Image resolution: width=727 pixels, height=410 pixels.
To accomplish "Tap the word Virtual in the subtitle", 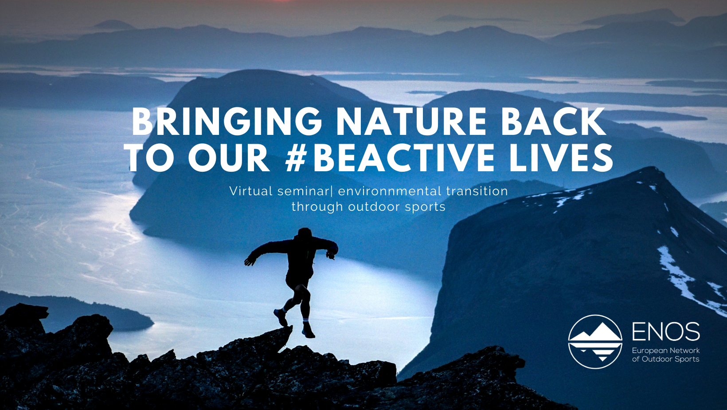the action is point(251,191).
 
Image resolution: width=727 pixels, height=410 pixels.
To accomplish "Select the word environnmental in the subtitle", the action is point(390,191).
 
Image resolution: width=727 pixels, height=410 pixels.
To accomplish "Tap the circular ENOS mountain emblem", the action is point(595,342).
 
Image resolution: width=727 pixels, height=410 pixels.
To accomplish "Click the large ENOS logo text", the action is point(666,332).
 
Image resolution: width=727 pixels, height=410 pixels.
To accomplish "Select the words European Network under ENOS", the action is point(666,351).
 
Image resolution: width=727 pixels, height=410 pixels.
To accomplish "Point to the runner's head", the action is point(305,233).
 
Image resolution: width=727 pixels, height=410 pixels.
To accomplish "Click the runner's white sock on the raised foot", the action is point(283,309).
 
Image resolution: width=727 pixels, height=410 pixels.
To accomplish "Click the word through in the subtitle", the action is point(317,207).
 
